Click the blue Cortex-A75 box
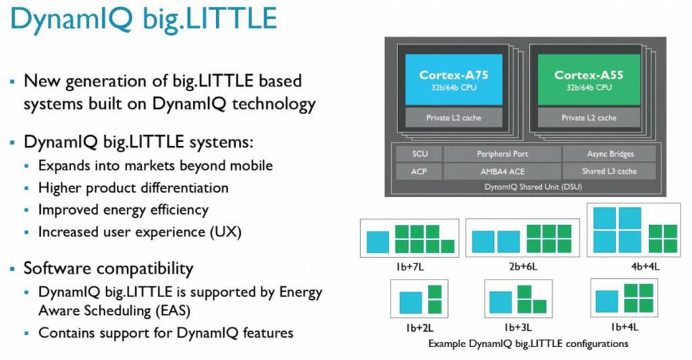(x=453, y=80)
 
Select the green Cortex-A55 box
(x=589, y=80)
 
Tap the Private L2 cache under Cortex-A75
(x=453, y=118)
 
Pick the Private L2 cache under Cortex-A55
(x=589, y=118)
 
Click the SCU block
(x=419, y=154)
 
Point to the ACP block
(x=419, y=171)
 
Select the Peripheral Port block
(x=502, y=154)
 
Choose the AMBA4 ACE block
(x=502, y=171)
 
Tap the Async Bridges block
(x=610, y=154)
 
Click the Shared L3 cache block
(x=610, y=171)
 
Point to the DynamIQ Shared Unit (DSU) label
(x=533, y=186)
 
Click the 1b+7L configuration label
(x=410, y=267)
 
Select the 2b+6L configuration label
(x=522, y=267)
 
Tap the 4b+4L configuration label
(x=645, y=267)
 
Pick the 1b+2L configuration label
(x=419, y=328)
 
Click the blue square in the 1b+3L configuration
(x=501, y=302)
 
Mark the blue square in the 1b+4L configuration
(x=606, y=301)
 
